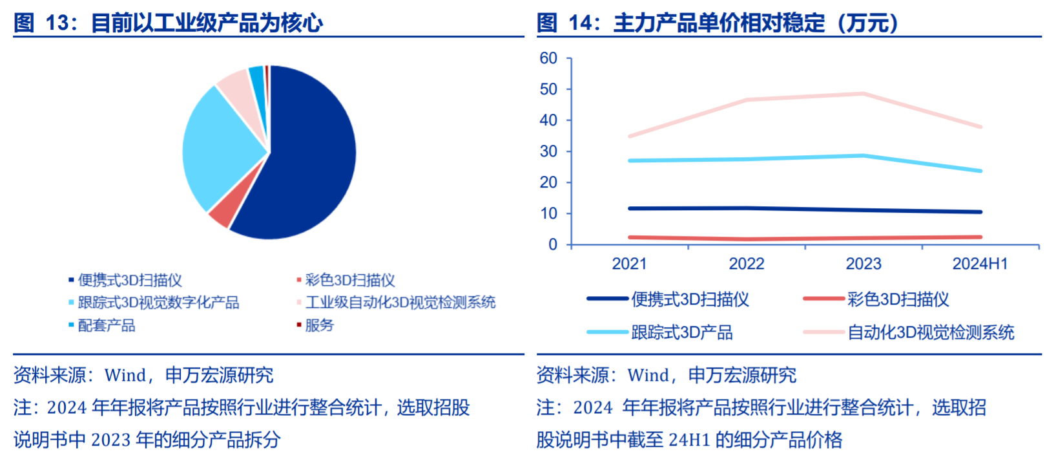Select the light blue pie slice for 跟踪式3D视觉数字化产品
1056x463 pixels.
[x=217, y=146]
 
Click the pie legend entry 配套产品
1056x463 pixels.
[x=107, y=325]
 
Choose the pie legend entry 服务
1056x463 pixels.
[x=319, y=325]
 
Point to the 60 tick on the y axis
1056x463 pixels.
[x=548, y=58]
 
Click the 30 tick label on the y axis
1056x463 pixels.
[x=548, y=151]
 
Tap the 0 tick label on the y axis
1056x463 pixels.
[x=553, y=244]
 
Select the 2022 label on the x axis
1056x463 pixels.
[x=747, y=263]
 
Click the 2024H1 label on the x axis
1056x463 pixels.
[x=980, y=263]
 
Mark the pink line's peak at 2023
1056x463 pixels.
[x=863, y=94]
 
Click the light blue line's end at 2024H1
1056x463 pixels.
[x=980, y=171]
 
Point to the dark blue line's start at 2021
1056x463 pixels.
[x=630, y=208]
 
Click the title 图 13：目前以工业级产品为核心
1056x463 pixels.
[x=169, y=23]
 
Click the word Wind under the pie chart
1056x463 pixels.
[x=125, y=376]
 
